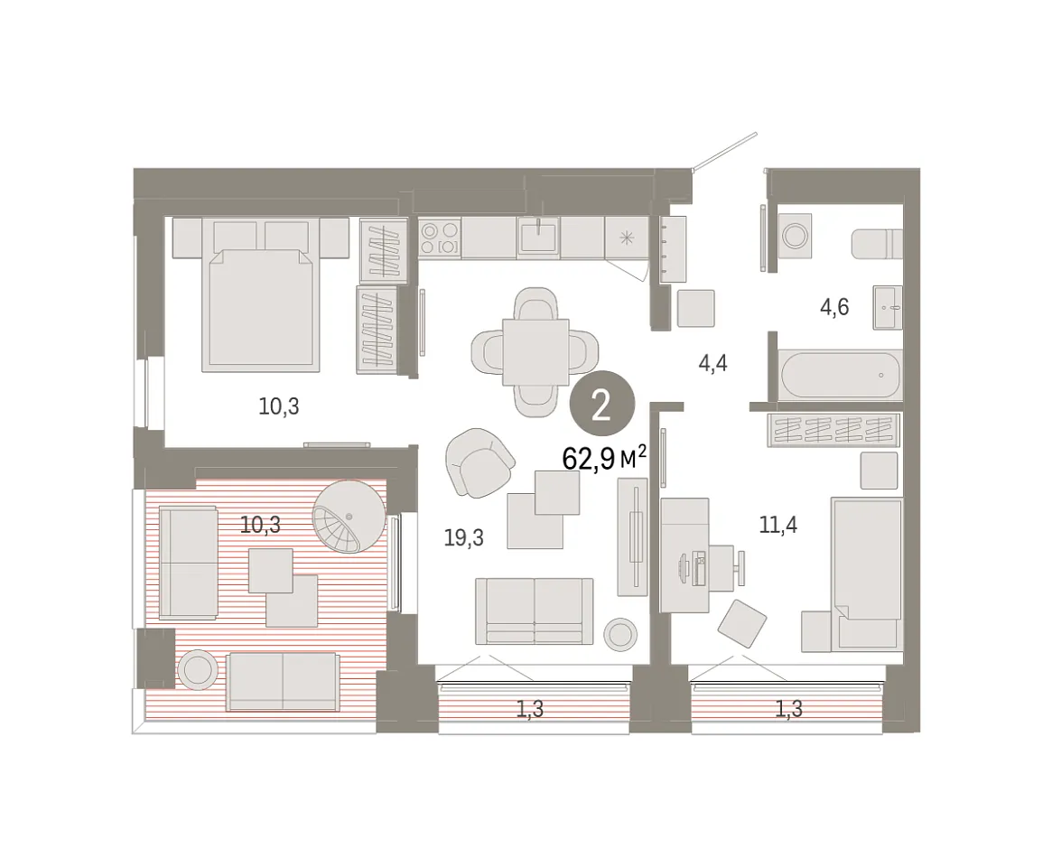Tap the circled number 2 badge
click(601, 405)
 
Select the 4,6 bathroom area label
click(834, 307)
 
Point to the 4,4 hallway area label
click(712, 364)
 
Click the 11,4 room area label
click(778, 524)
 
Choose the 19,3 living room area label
click(463, 537)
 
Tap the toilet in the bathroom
click(877, 244)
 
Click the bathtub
click(841, 376)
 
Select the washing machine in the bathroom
click(795, 236)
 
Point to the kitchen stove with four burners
click(440, 238)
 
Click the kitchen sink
click(539, 236)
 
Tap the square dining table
click(536, 352)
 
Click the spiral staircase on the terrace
click(349, 516)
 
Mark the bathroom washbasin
click(888, 308)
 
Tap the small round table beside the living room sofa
click(620, 633)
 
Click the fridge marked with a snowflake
click(627, 238)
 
